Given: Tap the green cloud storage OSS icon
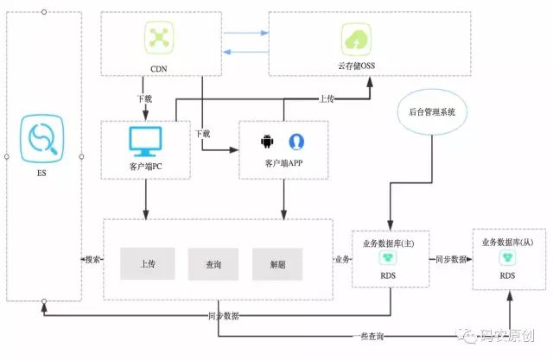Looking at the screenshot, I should [x=355, y=39].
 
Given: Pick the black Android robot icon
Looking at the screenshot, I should [x=267, y=141].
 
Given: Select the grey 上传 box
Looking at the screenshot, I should [x=147, y=264].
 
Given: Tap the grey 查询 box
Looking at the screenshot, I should [x=213, y=264].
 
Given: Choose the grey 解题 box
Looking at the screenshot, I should [x=277, y=264].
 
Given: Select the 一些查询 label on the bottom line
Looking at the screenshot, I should [x=369, y=335].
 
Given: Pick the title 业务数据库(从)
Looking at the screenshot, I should [x=508, y=243].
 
